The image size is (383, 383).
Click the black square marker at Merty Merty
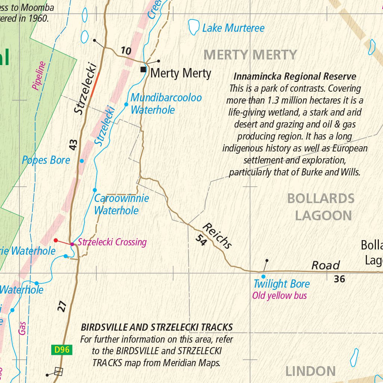pyautogui.click(x=143, y=70)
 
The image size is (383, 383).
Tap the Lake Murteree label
pyautogui.click(x=233, y=28)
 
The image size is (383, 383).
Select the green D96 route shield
pyautogui.click(x=62, y=350)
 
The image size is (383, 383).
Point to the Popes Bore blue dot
pyautogui.click(x=82, y=161)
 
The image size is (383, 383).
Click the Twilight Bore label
pyautogui.click(x=282, y=284)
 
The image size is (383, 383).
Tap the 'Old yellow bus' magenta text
pyautogui.click(x=279, y=296)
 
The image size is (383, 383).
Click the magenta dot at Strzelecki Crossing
pyautogui.click(x=72, y=244)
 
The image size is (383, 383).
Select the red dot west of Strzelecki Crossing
pyautogui.click(x=56, y=240)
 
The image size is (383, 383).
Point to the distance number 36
pyautogui.click(x=339, y=279)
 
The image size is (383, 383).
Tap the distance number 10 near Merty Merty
pyautogui.click(x=126, y=50)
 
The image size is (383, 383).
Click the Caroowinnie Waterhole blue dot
pyautogui.click(x=95, y=190)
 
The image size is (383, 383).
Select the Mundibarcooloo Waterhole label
pyautogui.click(x=166, y=104)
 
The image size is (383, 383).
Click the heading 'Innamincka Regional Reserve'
pyautogui.click(x=295, y=77)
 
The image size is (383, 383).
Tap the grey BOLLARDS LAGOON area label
pyautogui.click(x=321, y=207)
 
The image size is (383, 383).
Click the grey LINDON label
pyautogui.click(x=310, y=371)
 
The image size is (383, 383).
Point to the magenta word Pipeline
pyautogui.click(x=39, y=76)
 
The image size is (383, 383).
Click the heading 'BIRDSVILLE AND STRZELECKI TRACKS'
pyautogui.click(x=157, y=327)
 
